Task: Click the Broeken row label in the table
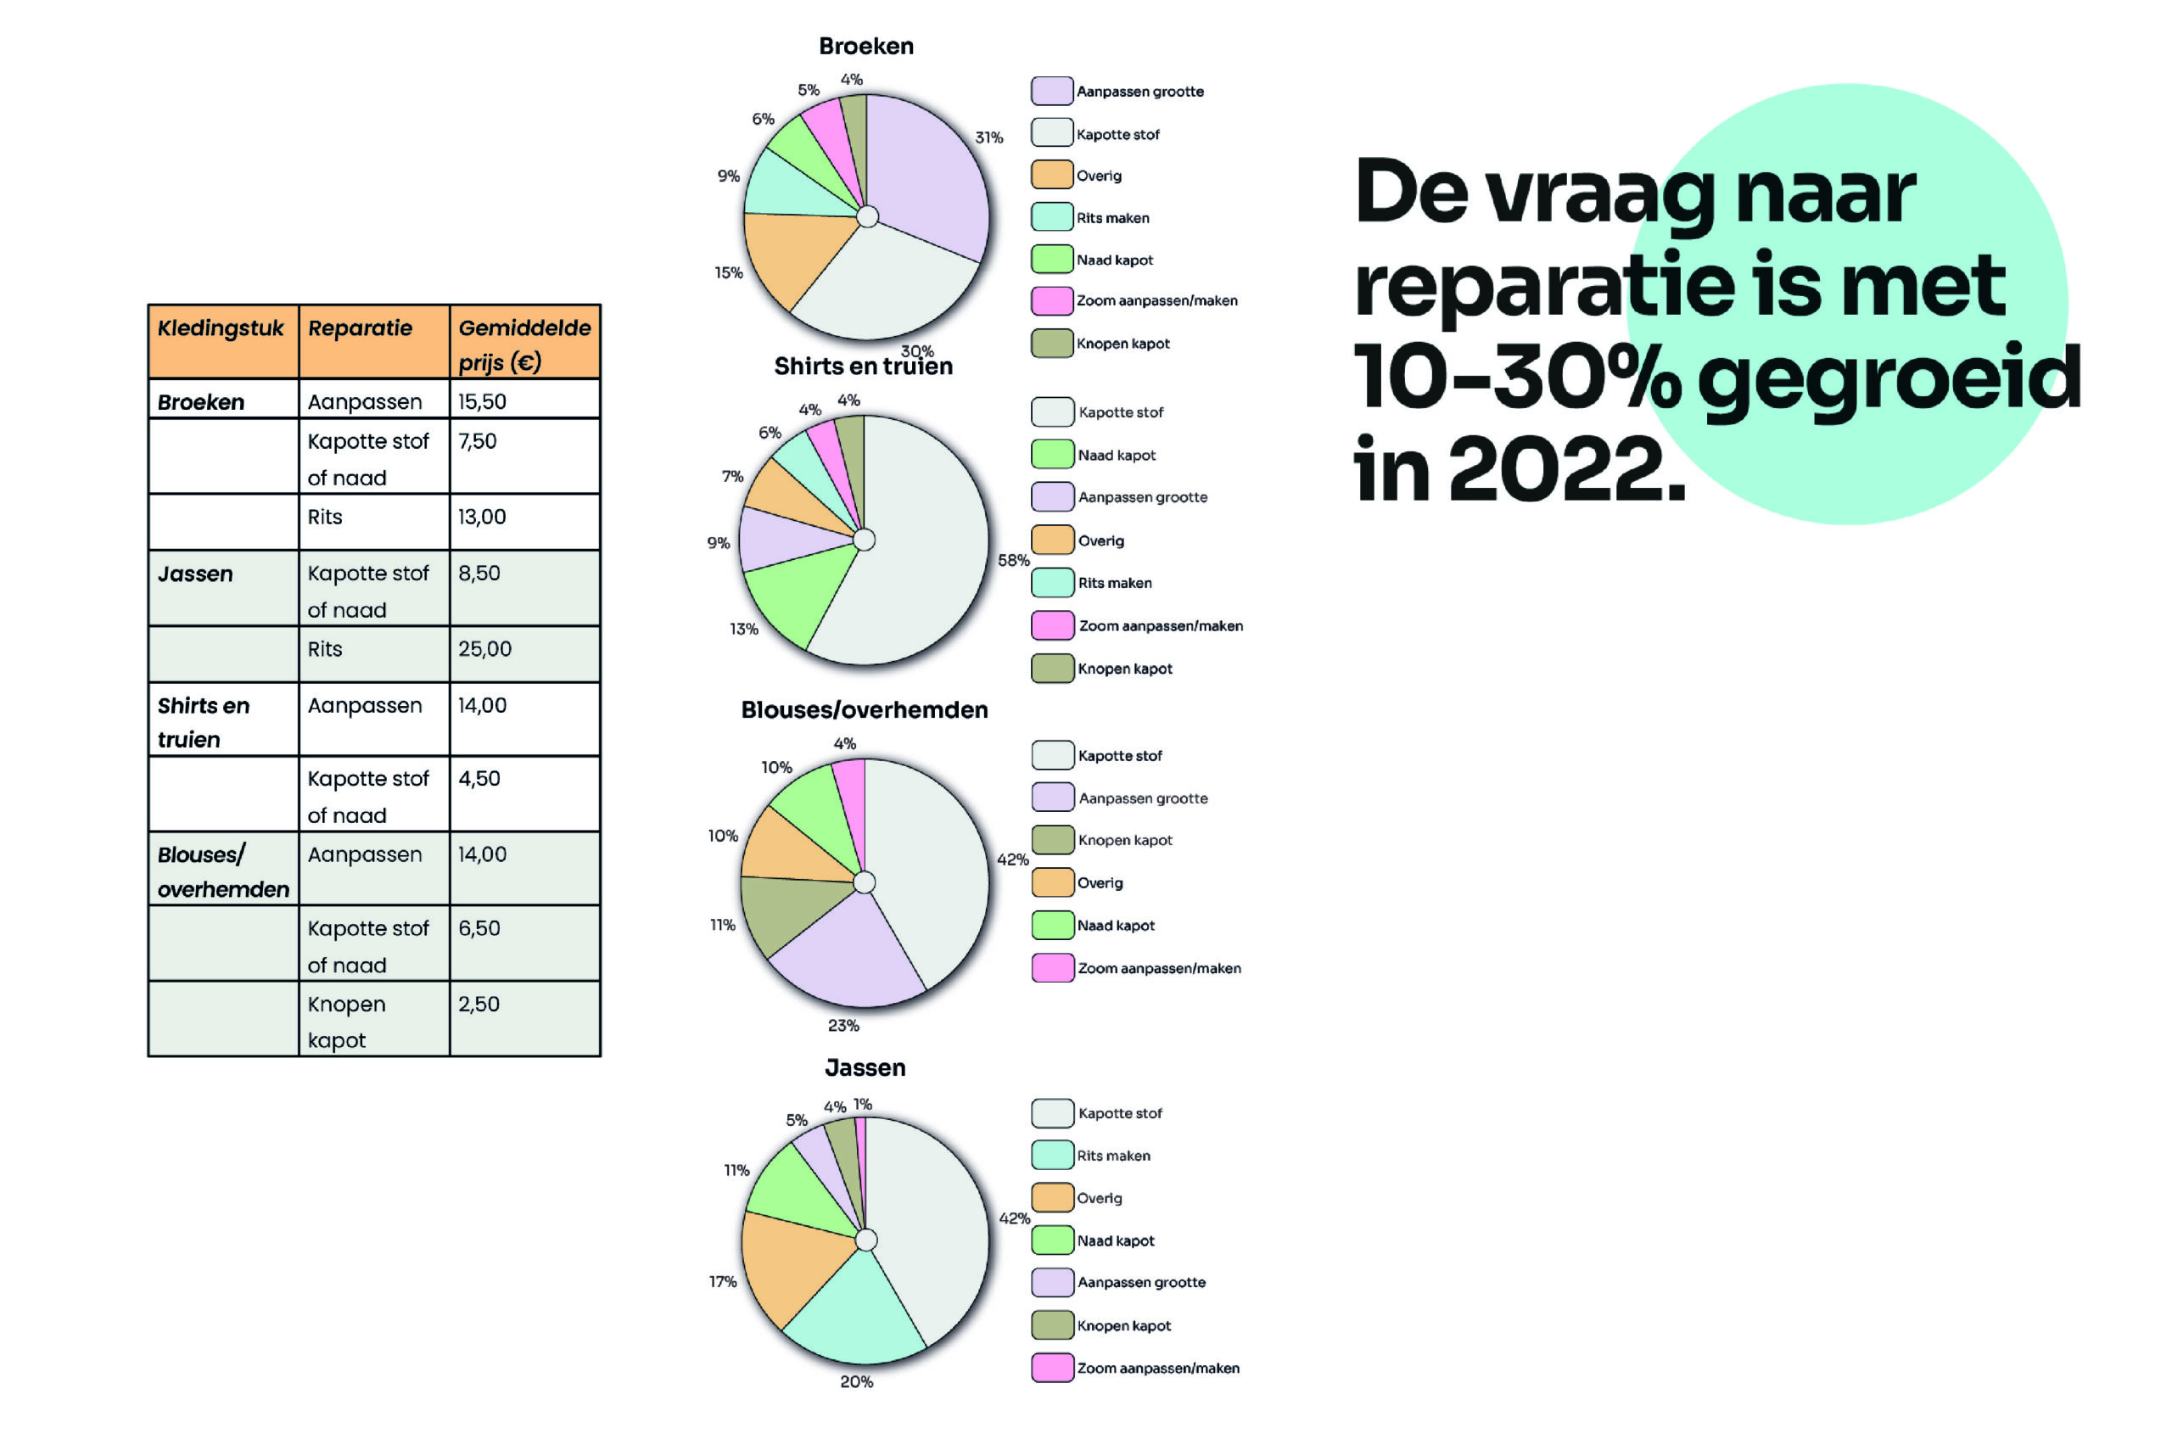click(201, 402)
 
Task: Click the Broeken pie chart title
click(865, 46)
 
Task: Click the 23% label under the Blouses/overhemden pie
click(843, 1025)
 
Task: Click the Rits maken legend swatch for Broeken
click(1051, 216)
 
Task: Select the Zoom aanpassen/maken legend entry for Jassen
click(1135, 1368)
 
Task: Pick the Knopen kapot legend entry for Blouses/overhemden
click(1102, 840)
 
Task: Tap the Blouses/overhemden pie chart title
click(865, 709)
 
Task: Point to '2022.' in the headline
click(1567, 469)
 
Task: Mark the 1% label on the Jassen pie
click(863, 1104)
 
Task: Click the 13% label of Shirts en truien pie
click(743, 629)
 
